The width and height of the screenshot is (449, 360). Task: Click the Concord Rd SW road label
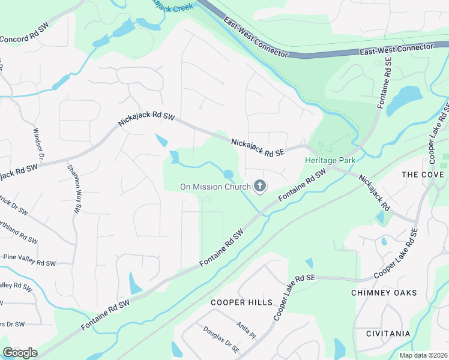coord(24,34)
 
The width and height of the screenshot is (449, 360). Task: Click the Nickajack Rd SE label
coord(259,148)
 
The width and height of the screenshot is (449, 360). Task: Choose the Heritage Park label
coord(330,160)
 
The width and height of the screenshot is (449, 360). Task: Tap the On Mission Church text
coord(215,187)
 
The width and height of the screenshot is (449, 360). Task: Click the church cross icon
coord(260,187)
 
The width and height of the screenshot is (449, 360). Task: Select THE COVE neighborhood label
coord(423,175)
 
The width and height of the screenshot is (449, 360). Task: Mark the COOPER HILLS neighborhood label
coord(241,302)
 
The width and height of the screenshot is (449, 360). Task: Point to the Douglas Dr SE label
coord(221,340)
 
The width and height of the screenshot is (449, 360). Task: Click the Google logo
coord(20,352)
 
